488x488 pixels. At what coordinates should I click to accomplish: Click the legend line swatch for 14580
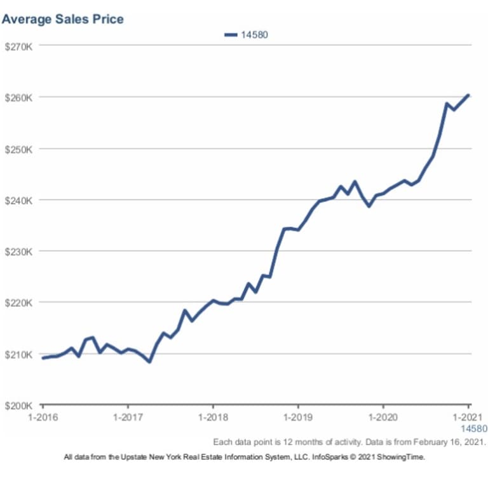coord(231,35)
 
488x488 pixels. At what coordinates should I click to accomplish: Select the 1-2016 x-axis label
coord(43,418)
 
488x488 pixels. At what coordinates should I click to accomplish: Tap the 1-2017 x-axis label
coord(128,418)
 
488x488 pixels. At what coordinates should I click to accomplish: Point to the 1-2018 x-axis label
coord(213,418)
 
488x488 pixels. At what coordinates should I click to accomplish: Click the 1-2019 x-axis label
coord(298,418)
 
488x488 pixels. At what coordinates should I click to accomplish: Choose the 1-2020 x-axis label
coord(383,418)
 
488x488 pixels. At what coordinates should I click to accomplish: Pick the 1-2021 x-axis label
coord(468,418)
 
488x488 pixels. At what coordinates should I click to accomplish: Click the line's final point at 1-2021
coord(468,95)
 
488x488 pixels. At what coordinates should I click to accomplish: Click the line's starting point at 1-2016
coord(43,358)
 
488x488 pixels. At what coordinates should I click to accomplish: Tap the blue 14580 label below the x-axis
coord(473,428)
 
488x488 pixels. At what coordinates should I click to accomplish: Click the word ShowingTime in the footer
coord(402,457)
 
